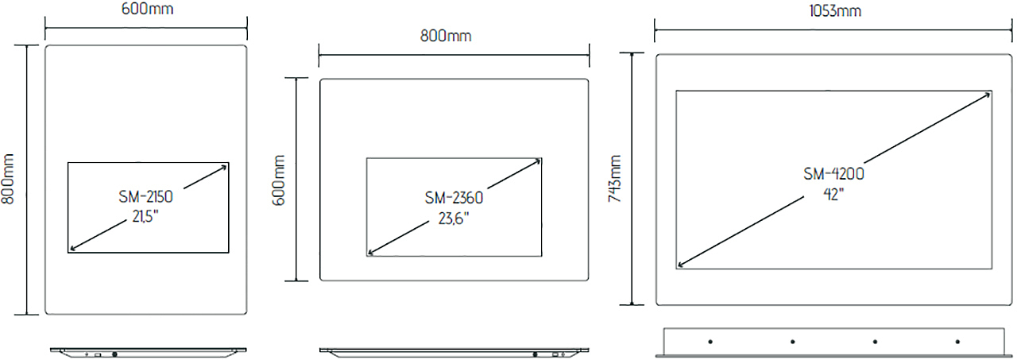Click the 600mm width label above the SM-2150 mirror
point(147,9)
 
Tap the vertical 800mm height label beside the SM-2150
point(8,179)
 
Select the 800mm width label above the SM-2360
point(446,36)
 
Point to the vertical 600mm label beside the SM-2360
point(279,180)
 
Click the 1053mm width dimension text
point(835,11)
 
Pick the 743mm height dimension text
point(615,179)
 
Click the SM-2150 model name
point(145,196)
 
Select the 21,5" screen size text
point(145,216)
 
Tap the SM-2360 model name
point(454,197)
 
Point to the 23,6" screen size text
point(454,219)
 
